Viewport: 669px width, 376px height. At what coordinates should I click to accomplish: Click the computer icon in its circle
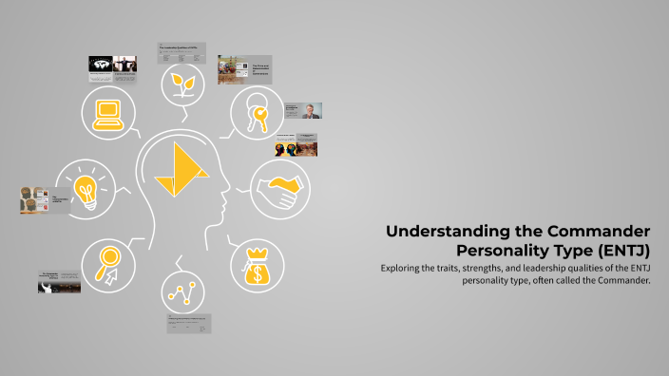(x=108, y=115)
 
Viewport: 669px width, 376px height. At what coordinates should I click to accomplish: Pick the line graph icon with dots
(x=183, y=291)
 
